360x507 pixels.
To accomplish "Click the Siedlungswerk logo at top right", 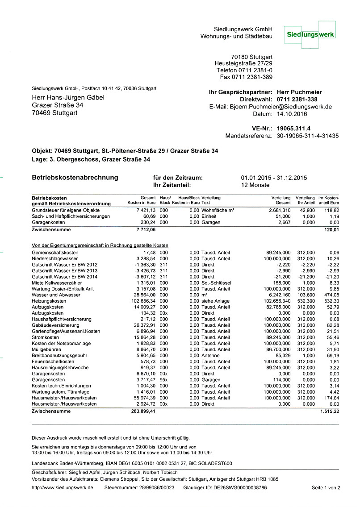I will point(311,34).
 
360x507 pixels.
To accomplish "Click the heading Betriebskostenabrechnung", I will point(75,178).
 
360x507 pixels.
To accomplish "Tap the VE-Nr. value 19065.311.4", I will point(293,129).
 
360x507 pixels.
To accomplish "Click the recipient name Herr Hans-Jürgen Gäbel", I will point(68,98).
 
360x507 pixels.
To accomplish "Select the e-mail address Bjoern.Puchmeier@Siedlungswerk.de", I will point(281,107).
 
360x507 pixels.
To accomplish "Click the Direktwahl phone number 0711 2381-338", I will point(297,100).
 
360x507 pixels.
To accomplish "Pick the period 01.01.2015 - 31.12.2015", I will point(274,178).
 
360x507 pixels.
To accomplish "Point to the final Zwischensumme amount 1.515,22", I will point(330,411).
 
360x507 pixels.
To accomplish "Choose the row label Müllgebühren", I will point(46,349).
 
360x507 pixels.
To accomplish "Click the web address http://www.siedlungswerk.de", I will point(63,488).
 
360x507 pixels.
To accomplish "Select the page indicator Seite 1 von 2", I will point(326,488).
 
